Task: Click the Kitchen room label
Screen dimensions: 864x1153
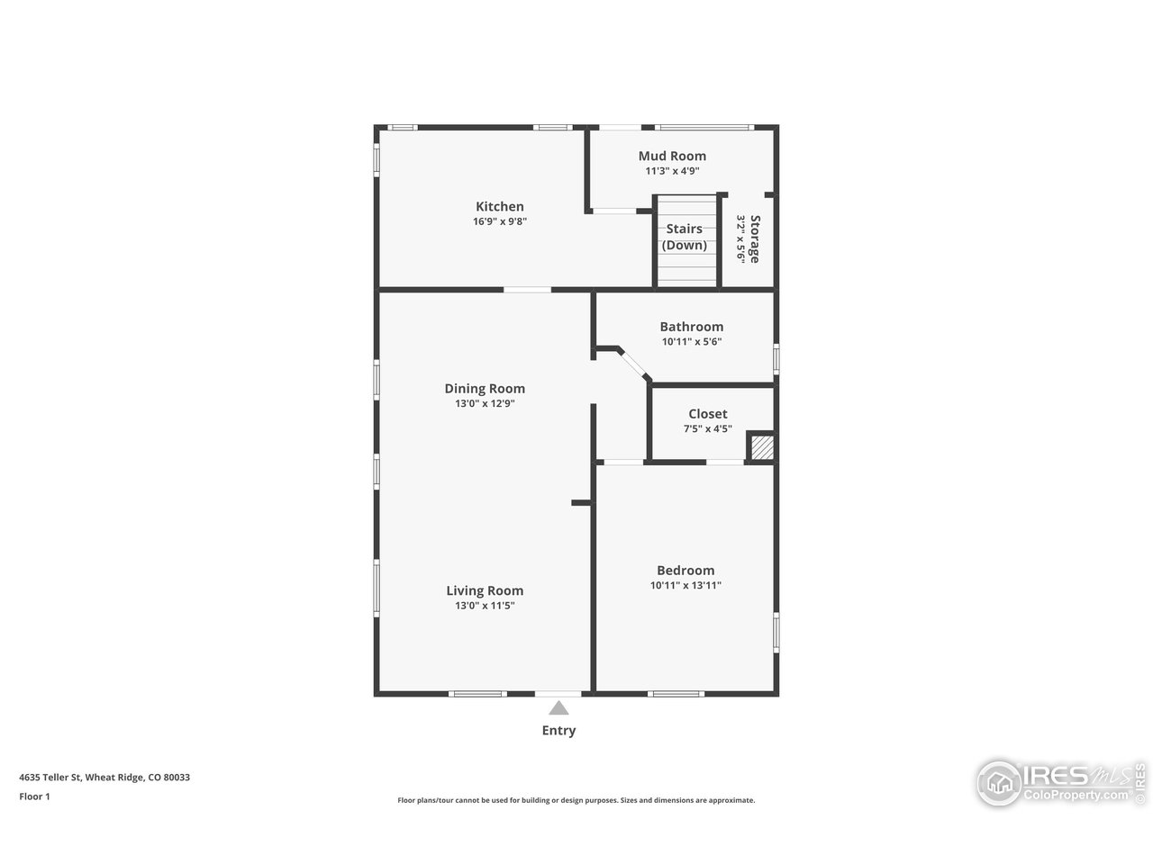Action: (x=499, y=206)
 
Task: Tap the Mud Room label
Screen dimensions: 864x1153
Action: (x=672, y=156)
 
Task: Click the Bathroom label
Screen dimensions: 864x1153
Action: (x=691, y=327)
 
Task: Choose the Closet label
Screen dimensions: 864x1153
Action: (x=707, y=414)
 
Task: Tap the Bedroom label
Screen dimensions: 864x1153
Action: (x=685, y=570)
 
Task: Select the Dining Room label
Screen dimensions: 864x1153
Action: (x=485, y=389)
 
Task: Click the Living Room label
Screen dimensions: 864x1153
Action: (x=485, y=590)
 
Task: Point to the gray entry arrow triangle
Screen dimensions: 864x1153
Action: (x=559, y=708)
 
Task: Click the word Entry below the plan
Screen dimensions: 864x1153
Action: (x=558, y=730)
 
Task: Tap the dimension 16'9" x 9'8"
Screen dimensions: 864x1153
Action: (x=499, y=221)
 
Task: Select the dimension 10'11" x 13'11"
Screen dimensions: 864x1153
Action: (x=685, y=585)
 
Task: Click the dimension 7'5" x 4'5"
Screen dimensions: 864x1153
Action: (x=707, y=429)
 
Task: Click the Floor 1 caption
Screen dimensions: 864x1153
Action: (x=35, y=796)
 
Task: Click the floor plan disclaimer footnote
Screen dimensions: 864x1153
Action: (x=576, y=800)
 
